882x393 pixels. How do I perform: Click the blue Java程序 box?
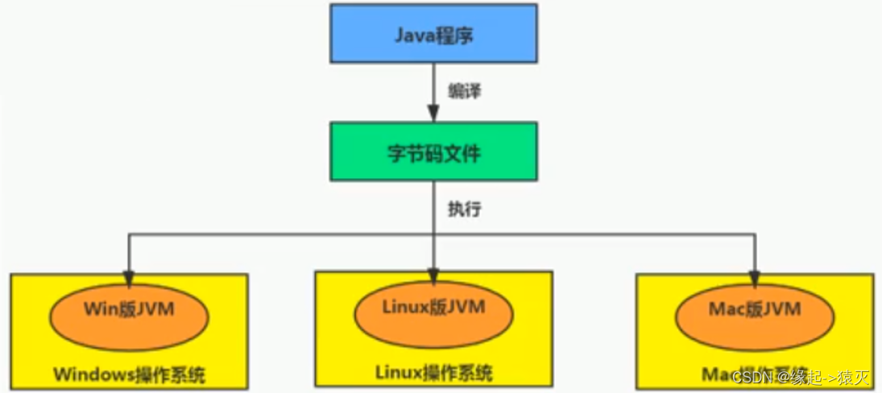(433, 33)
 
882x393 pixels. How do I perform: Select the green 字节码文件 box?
(433, 151)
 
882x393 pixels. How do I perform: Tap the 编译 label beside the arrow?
(464, 91)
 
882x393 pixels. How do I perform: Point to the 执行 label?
(465, 208)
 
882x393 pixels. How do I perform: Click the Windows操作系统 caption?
(129, 374)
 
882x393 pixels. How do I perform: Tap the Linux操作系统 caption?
(433, 373)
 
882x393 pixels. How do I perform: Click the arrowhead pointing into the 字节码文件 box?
(433, 115)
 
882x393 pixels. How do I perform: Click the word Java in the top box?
(412, 34)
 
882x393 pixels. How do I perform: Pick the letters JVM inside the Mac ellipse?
(781, 308)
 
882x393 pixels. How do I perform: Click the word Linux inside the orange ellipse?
(400, 307)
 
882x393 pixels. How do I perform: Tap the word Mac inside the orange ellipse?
(725, 308)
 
